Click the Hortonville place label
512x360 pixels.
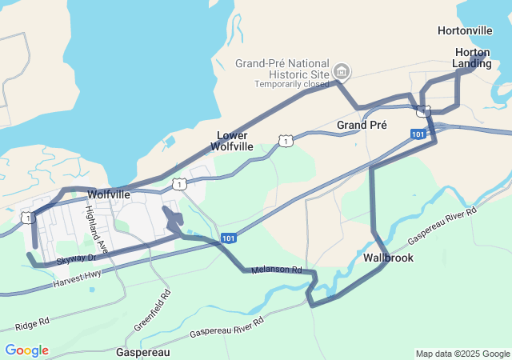465,30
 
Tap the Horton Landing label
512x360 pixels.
472,58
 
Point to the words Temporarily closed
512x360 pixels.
291,84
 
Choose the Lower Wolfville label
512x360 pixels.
232,141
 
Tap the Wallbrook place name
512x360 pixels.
388,258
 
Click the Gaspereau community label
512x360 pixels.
142,352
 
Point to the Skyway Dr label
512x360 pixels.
77,258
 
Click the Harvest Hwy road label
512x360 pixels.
78,279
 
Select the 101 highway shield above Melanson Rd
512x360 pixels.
229,238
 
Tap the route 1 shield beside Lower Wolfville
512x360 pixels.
285,141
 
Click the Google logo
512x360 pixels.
26,350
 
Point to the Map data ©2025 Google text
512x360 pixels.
462,354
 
